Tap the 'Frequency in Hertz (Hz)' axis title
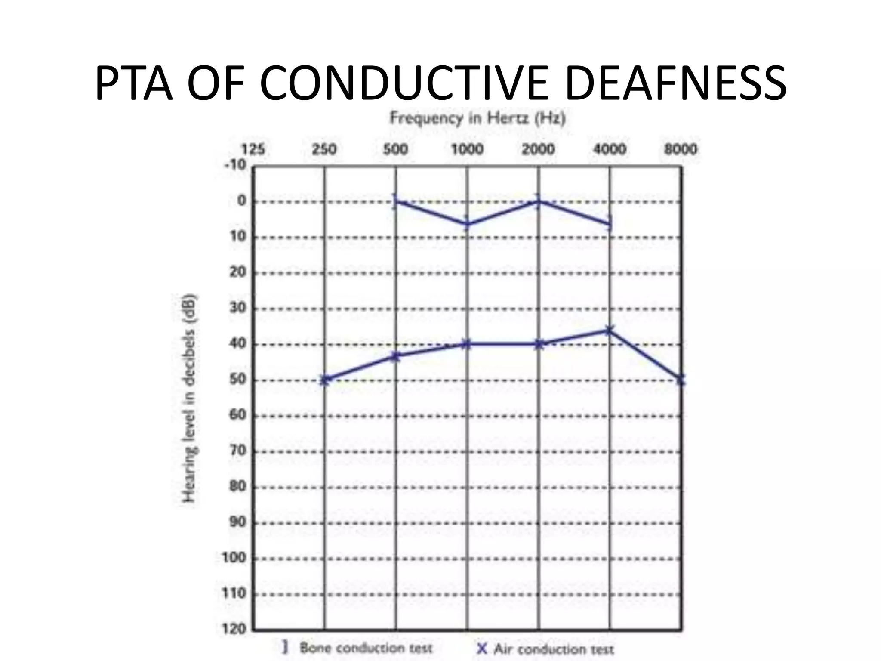(477, 118)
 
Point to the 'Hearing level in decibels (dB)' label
(189, 398)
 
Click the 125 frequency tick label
(253, 149)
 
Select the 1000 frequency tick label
(467, 149)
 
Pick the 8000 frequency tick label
(681, 149)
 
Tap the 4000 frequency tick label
(610, 149)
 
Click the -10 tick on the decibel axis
(235, 165)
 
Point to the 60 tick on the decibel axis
(237, 415)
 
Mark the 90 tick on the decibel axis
(237, 522)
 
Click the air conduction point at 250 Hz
(325, 380)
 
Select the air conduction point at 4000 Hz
(609, 330)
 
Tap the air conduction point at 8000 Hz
(681, 380)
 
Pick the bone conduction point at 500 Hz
(395, 201)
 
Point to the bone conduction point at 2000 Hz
(538, 201)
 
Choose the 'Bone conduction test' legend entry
(357, 647)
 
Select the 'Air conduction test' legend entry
(546, 649)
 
